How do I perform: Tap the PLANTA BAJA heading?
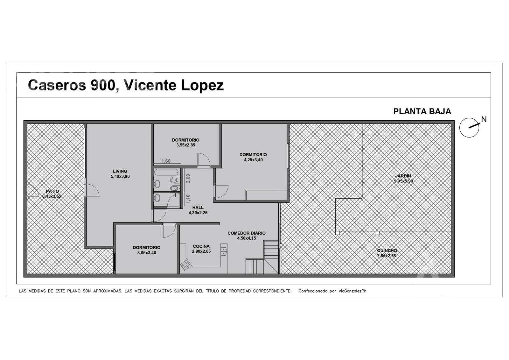[x=422, y=111]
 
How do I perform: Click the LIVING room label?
[x=120, y=171]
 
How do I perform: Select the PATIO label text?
[x=52, y=191]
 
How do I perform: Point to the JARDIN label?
[x=403, y=176]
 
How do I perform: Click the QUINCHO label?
[x=387, y=251]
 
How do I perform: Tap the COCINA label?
[x=201, y=246]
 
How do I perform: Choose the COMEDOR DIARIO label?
[x=247, y=233]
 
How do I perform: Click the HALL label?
[x=198, y=208]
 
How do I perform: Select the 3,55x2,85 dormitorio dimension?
[x=186, y=145]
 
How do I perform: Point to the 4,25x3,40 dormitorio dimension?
[x=253, y=160]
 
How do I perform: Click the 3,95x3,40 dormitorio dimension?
[x=147, y=253]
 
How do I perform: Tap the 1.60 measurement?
[x=166, y=161]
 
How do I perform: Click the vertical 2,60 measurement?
[x=188, y=179]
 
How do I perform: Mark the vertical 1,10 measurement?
[x=188, y=199]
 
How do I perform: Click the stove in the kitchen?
[x=185, y=265]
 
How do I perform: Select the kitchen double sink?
[x=224, y=251]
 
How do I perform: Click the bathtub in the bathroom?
[x=167, y=172]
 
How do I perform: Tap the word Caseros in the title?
[x=57, y=85]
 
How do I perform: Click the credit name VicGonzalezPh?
[x=352, y=291]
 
